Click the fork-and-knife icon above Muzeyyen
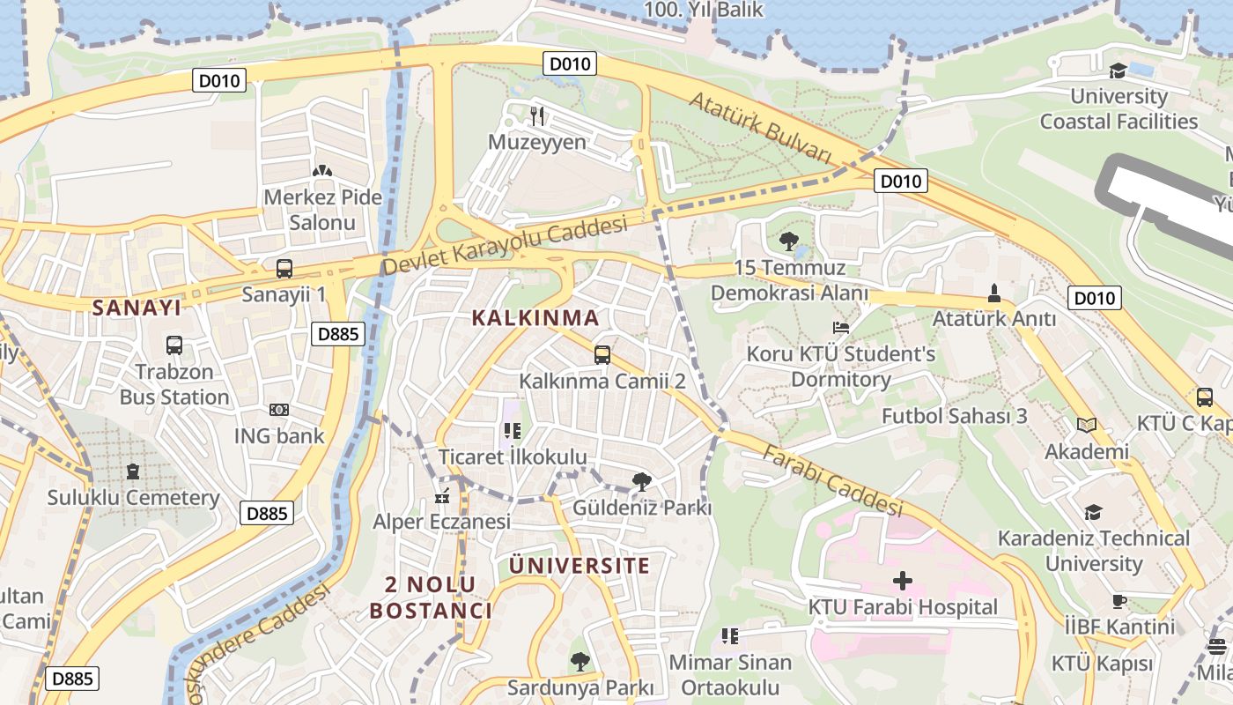point(537,115)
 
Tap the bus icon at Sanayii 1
point(284,269)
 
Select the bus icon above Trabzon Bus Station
point(174,345)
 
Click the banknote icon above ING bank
point(279,410)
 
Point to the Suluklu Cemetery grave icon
point(133,472)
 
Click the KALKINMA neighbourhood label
point(535,318)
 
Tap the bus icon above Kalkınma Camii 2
point(602,355)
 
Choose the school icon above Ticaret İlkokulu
point(512,431)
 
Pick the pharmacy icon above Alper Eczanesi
point(442,496)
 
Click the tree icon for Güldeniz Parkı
point(642,482)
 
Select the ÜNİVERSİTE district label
point(580,566)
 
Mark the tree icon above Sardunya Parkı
point(580,661)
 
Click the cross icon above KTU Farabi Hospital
point(903,581)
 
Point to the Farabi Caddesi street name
point(832,481)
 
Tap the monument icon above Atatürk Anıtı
point(994,293)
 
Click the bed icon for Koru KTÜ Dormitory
point(841,328)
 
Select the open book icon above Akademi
point(1087,426)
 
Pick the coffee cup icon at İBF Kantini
point(1119,602)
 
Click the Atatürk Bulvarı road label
point(760,129)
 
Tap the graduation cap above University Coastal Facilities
point(1119,70)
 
